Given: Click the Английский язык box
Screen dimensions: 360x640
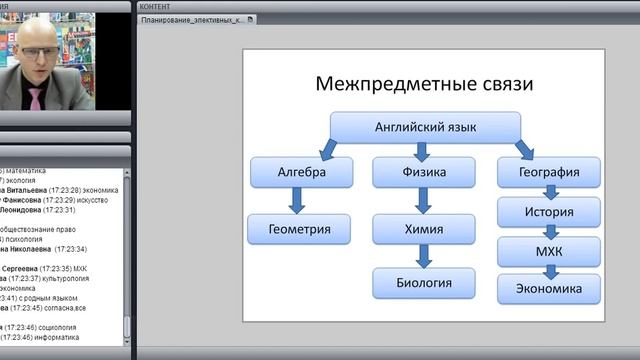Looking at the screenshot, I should click(x=425, y=127).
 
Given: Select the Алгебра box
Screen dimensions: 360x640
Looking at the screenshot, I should click(x=301, y=172).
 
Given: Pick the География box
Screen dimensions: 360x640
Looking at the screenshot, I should click(x=549, y=172).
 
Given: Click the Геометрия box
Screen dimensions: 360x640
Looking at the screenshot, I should click(x=301, y=229).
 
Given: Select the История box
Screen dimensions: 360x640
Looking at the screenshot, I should click(x=549, y=212).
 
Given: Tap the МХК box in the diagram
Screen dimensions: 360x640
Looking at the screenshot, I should click(x=549, y=250).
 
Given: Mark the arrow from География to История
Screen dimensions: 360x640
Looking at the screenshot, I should click(x=549, y=192).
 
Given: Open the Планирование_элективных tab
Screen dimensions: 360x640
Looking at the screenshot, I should click(x=191, y=20).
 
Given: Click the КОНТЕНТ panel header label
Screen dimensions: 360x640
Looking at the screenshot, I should click(x=155, y=6).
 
